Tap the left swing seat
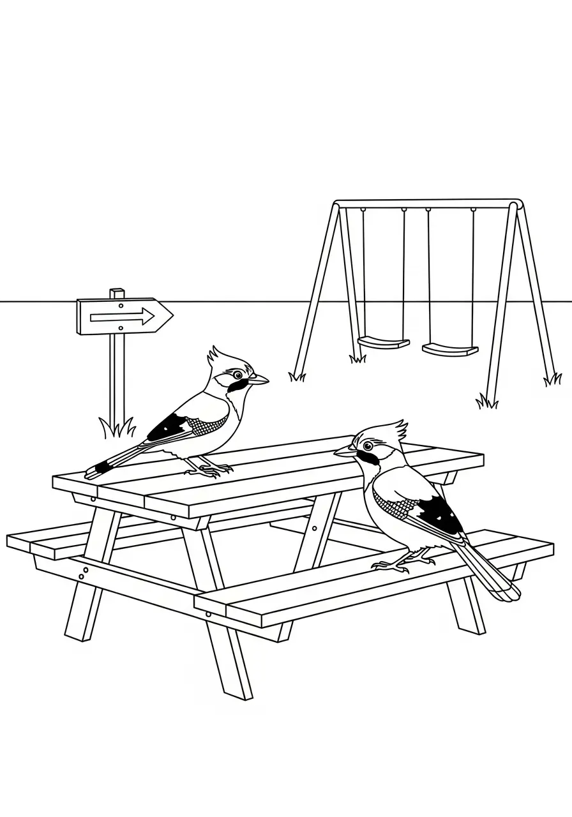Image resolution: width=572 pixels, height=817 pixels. pyautogui.click(x=383, y=343)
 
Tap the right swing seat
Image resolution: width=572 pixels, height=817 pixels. pyautogui.click(x=450, y=349)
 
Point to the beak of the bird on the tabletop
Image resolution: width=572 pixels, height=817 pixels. pyautogui.click(x=259, y=380)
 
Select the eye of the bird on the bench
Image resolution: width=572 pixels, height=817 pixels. pyautogui.click(x=368, y=446)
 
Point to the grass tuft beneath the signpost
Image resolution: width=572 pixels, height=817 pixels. pyautogui.click(x=117, y=426)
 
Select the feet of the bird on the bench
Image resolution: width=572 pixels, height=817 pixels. pyautogui.click(x=394, y=564)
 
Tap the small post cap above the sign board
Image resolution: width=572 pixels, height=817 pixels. pyautogui.click(x=116, y=293)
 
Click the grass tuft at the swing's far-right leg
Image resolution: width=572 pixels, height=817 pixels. pyautogui.click(x=552, y=380)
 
